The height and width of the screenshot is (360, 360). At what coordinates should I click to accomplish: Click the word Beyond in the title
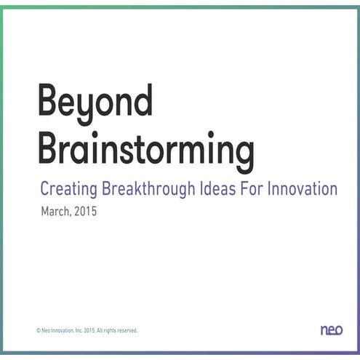tap(95, 103)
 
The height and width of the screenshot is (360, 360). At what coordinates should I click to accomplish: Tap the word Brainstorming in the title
tap(145, 148)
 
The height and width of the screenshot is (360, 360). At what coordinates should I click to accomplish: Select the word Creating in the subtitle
tap(65, 189)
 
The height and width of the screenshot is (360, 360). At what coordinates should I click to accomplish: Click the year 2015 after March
tap(85, 213)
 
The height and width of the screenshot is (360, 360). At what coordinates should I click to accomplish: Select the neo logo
tap(331, 330)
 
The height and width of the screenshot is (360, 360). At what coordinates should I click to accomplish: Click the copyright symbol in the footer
tap(38, 331)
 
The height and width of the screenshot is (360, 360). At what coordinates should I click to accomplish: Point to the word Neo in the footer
tap(45, 331)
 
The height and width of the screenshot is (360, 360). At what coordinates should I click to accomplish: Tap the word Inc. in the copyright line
tap(79, 331)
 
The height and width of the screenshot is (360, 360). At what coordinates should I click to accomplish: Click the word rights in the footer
tap(111, 331)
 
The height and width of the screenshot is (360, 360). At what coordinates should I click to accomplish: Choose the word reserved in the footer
tap(128, 331)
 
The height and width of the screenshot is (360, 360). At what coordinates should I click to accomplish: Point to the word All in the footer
tap(100, 331)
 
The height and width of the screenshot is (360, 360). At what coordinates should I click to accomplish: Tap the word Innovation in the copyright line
tap(62, 331)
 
